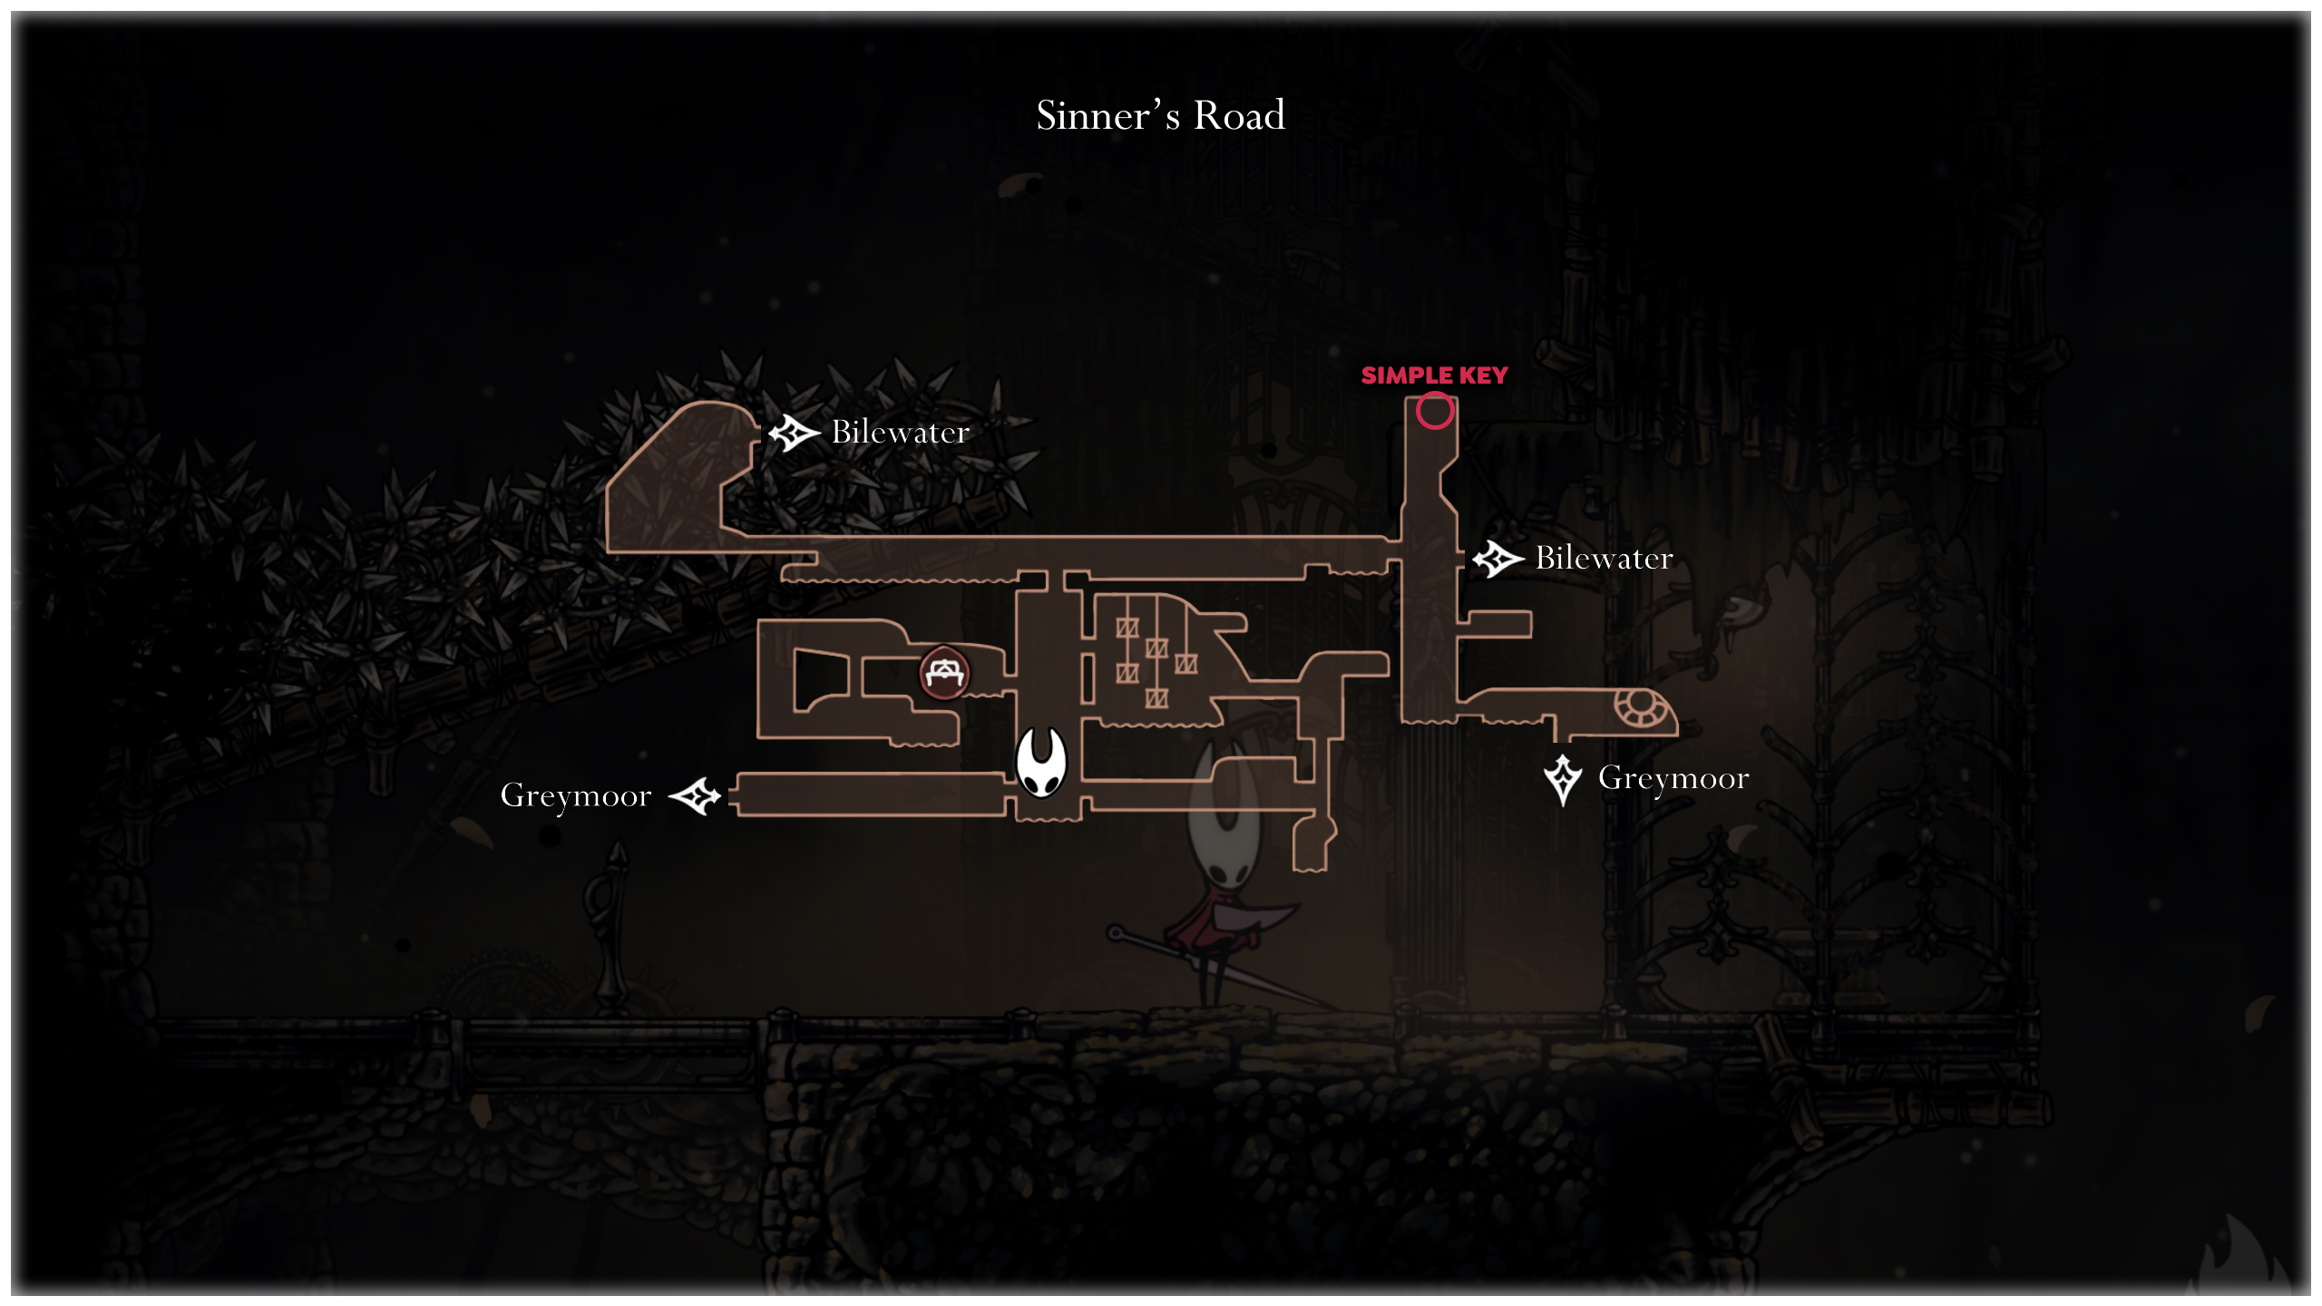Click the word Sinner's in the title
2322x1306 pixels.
(x=1107, y=116)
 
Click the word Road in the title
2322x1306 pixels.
(x=1239, y=116)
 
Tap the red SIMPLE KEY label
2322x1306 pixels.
(x=1434, y=375)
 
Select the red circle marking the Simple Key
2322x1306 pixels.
(x=1435, y=411)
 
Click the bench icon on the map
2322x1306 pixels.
(x=944, y=673)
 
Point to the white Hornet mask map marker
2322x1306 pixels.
(x=1041, y=762)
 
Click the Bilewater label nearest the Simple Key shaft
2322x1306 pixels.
(x=1604, y=559)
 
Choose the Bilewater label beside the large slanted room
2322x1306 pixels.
(x=900, y=433)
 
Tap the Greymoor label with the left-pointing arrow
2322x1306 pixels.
(x=576, y=796)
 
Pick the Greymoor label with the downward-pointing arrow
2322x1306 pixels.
(x=1673, y=779)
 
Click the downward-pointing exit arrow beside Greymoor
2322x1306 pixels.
(x=1563, y=779)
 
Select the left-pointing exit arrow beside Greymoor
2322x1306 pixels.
(x=695, y=796)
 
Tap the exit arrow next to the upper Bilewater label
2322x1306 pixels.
(x=794, y=433)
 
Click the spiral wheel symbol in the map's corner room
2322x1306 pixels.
(x=1638, y=707)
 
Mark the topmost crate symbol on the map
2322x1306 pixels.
(x=1127, y=628)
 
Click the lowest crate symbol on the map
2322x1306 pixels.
(x=1156, y=698)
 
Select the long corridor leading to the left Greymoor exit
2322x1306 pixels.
(x=871, y=794)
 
